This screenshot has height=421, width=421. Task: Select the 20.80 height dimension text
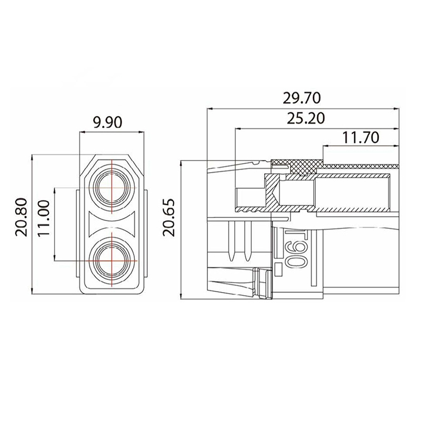point(22,217)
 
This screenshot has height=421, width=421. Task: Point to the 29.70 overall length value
point(302,98)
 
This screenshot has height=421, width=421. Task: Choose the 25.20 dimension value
point(306,118)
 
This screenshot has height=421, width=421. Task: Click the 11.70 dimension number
point(360,137)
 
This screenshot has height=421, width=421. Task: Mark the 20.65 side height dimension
point(168,217)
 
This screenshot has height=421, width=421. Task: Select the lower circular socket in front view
point(112,260)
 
